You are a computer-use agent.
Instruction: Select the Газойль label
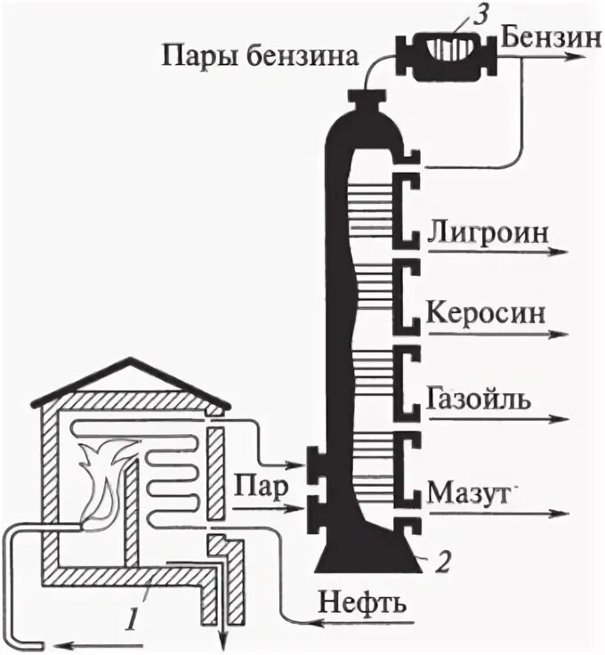coord(480,398)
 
